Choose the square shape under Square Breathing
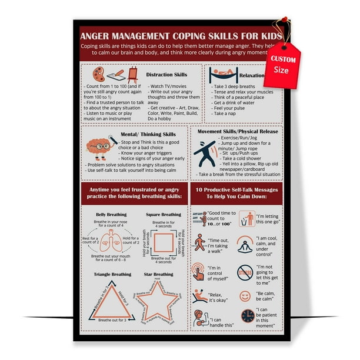[x=163, y=243]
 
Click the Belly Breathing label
[x=111, y=215]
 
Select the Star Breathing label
[x=159, y=274]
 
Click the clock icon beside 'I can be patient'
[x=248, y=316]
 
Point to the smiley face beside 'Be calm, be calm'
[x=245, y=296]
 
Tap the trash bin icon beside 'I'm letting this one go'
[x=246, y=219]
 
